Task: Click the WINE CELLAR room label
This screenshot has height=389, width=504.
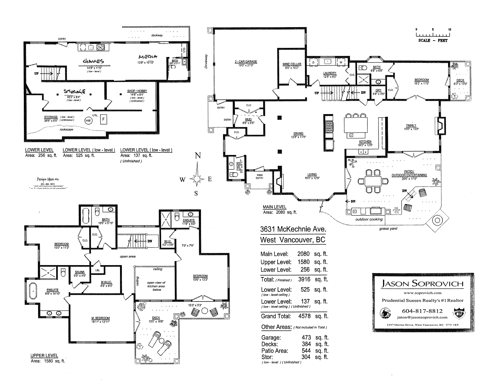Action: [292, 64]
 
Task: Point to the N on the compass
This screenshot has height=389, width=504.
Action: [198, 156]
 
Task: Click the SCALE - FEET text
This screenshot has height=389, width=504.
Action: [433, 41]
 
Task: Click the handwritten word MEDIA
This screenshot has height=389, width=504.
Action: [148, 56]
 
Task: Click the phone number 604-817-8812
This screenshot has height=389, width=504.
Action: [423, 311]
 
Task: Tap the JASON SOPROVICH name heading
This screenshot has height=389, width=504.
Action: [423, 283]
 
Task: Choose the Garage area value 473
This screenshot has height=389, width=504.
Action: [306, 337]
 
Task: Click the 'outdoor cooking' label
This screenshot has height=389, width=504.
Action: [369, 219]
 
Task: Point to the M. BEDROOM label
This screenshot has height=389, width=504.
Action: [100, 318]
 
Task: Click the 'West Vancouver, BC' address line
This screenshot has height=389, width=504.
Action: [293, 240]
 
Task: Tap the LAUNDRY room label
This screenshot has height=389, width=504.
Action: [330, 73]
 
